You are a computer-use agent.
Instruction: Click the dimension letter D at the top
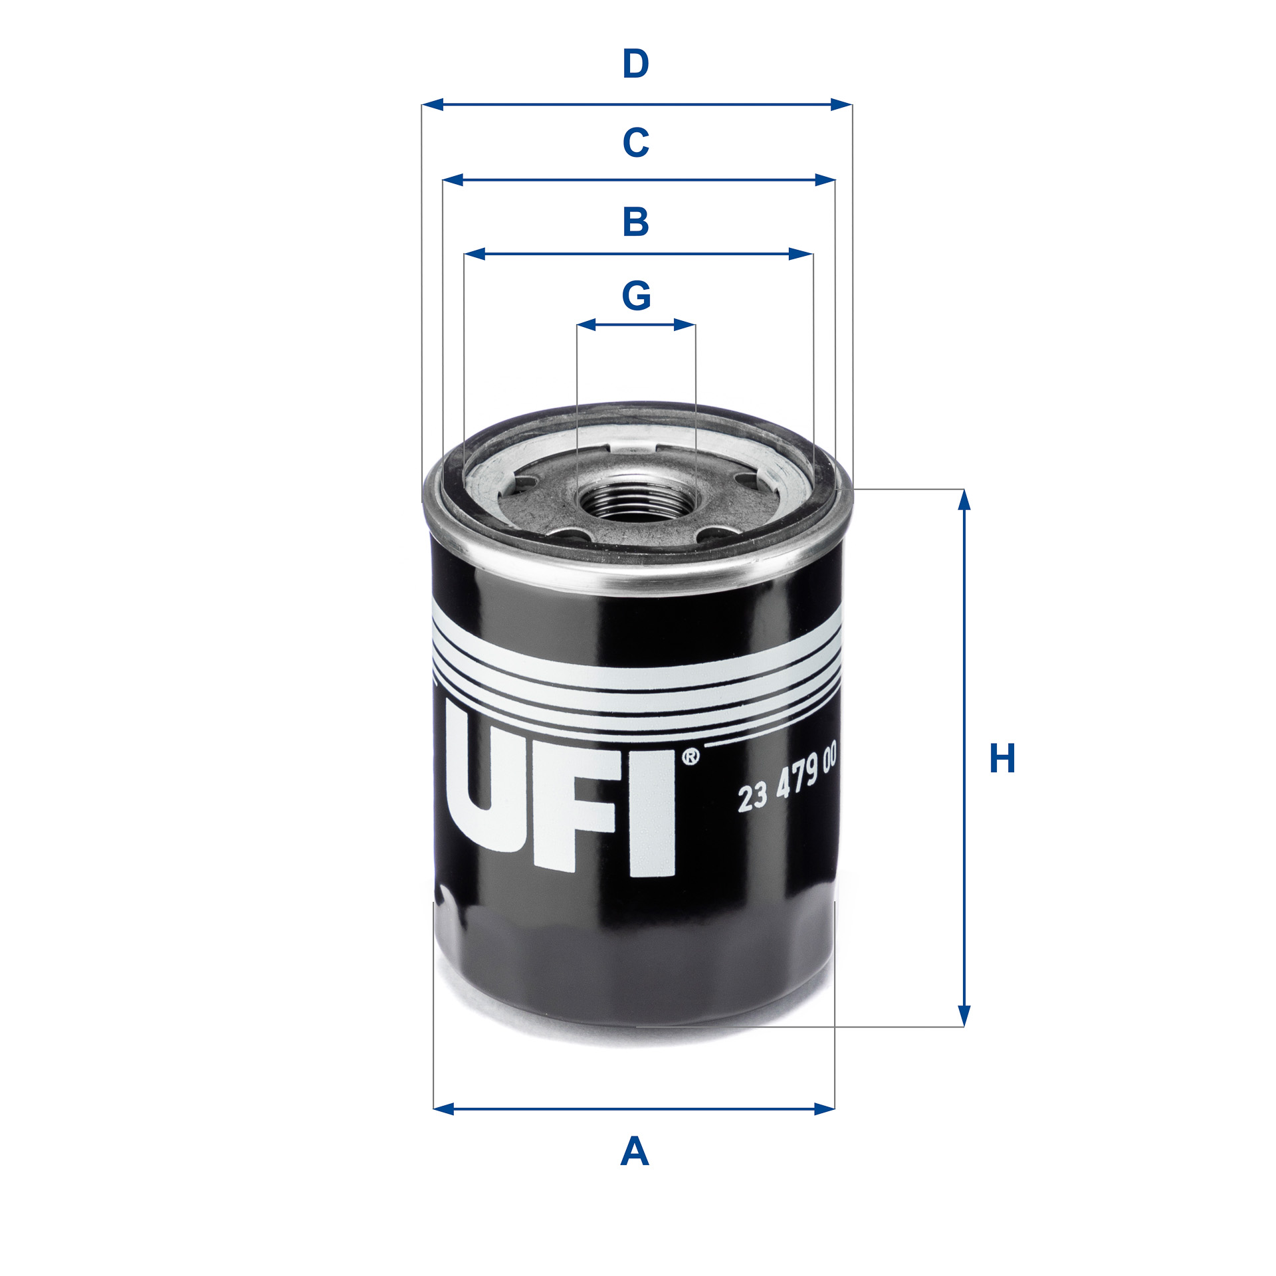point(635,64)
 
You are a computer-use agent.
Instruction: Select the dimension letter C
point(635,142)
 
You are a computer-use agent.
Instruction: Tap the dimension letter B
point(635,222)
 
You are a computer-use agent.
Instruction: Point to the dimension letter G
point(636,296)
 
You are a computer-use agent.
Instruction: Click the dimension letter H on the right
point(1002,758)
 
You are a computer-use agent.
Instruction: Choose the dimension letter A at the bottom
point(635,1152)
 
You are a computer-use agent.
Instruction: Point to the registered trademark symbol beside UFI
point(691,757)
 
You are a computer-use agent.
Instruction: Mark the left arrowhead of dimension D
point(432,104)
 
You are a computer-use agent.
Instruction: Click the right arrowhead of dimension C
point(825,179)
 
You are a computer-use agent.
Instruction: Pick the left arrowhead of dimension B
point(475,254)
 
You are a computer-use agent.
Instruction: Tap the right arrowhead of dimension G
point(685,325)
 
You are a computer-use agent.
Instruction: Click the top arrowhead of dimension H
point(964,500)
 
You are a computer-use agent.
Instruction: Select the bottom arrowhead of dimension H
point(964,1016)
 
